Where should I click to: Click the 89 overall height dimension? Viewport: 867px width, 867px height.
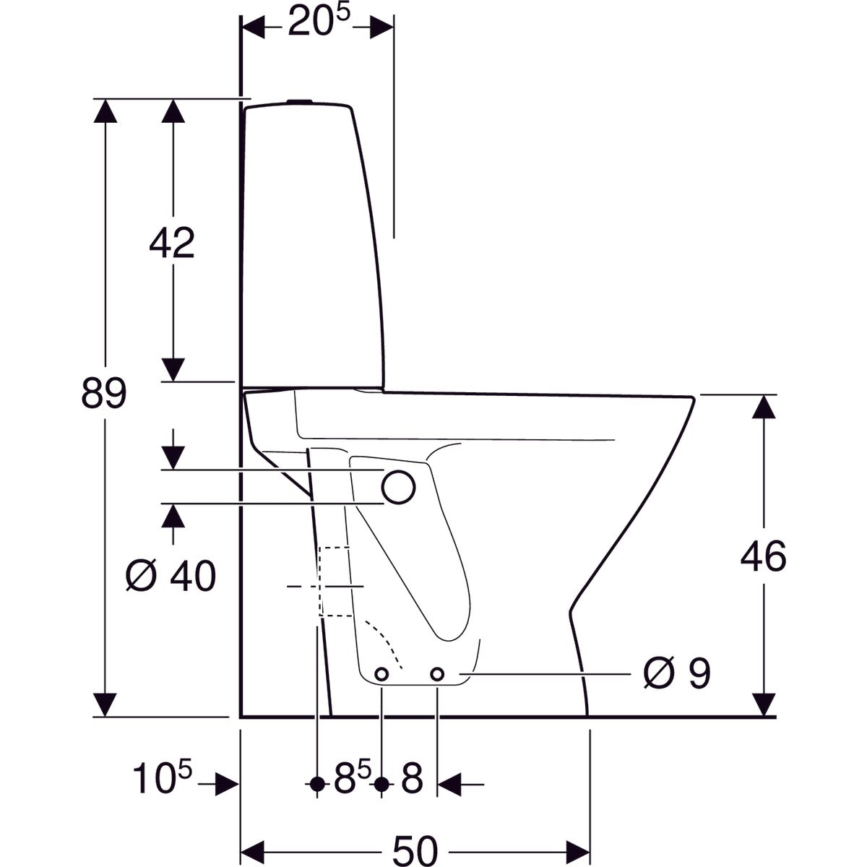tap(103, 394)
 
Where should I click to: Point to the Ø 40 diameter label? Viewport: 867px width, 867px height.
tap(171, 577)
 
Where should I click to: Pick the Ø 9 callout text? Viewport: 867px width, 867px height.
tap(677, 674)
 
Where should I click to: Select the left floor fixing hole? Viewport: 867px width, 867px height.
tap(381, 674)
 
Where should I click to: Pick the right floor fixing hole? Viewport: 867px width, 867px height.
tap(437, 674)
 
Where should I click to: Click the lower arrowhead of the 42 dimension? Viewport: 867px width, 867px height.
tap(172, 370)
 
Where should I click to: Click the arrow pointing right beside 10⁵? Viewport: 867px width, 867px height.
tap(227, 783)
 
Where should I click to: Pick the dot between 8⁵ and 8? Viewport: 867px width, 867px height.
tap(381, 783)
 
